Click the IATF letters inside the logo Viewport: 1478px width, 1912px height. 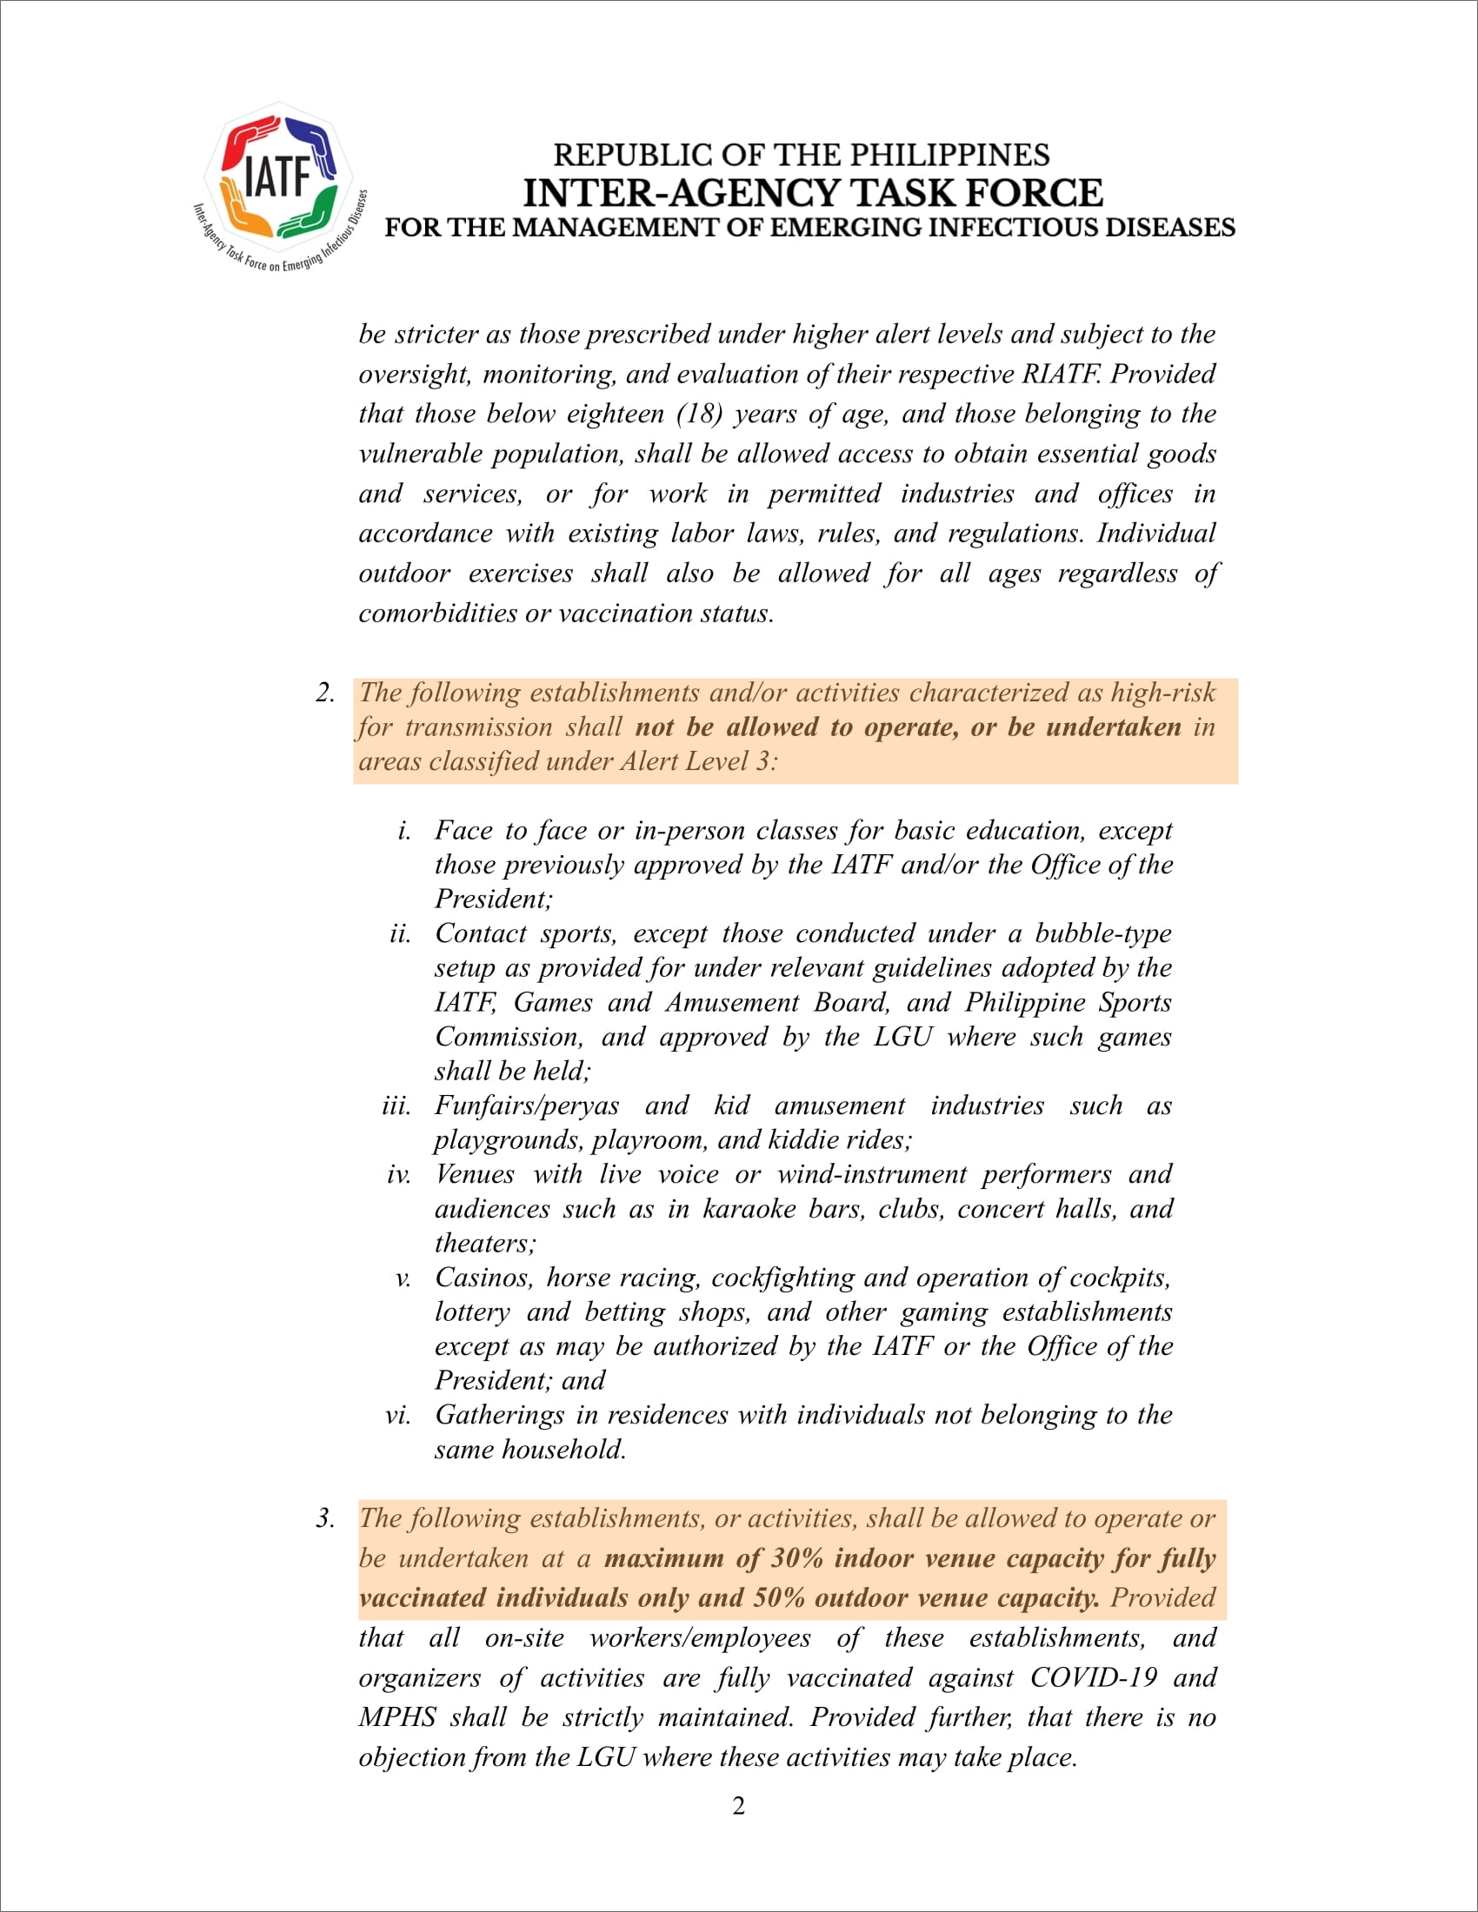(x=277, y=176)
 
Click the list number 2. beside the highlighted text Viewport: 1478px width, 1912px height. (x=326, y=693)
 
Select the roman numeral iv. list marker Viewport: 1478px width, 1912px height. (x=398, y=1174)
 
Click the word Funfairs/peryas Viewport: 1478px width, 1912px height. (x=527, y=1105)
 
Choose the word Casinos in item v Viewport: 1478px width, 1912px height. (x=483, y=1278)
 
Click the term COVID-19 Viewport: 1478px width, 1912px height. (x=1093, y=1678)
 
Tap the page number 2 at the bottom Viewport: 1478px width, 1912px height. (x=739, y=1806)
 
